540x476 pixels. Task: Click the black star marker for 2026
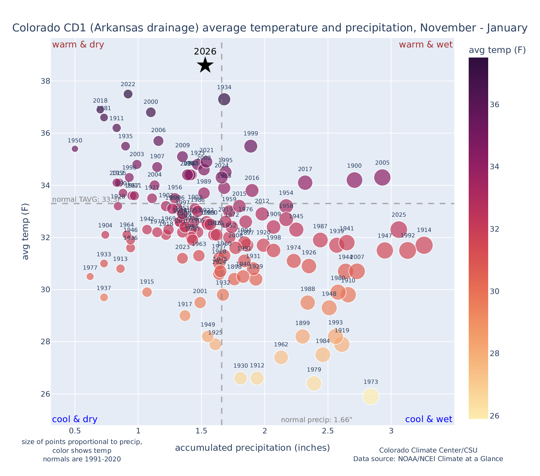point(205,65)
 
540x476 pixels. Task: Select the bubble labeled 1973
point(371,396)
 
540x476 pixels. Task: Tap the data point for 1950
point(75,149)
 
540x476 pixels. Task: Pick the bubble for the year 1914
point(424,245)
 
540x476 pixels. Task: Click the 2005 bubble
point(382,177)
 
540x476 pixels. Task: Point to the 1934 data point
point(224,99)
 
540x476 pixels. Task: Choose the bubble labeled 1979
point(314,383)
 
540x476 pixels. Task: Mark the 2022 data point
point(128,94)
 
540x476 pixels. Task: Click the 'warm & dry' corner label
point(78,45)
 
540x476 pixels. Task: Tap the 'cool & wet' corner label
point(428,419)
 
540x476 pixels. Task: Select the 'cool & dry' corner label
point(75,419)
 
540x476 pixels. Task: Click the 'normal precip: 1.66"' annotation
point(316,420)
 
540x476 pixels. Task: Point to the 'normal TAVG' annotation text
point(84,200)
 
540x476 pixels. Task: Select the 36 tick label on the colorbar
point(495,105)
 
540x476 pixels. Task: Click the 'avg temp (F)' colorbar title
point(497,50)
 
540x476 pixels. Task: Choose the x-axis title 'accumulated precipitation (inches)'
point(252,448)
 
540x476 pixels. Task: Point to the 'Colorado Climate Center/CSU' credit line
point(428,450)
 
